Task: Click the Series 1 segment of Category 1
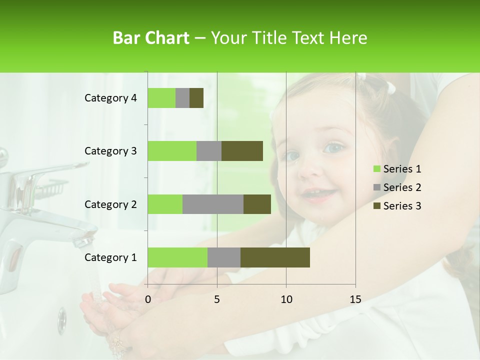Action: click(x=177, y=257)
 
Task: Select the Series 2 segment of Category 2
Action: click(x=213, y=204)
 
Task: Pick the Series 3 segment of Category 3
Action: click(x=242, y=151)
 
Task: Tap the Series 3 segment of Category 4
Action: click(x=196, y=98)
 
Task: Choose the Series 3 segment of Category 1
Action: click(x=275, y=257)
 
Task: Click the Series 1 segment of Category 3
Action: click(x=172, y=151)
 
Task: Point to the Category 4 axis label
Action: click(x=110, y=98)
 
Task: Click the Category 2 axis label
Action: click(x=110, y=204)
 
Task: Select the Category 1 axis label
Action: click(x=110, y=257)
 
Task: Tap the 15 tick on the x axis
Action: click(x=355, y=299)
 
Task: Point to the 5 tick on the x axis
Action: click(x=217, y=299)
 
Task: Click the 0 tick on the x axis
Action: click(x=148, y=299)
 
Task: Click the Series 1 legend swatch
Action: click(x=377, y=169)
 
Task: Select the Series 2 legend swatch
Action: click(x=377, y=187)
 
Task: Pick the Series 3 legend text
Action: click(x=402, y=206)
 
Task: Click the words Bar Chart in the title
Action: click(x=151, y=38)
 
